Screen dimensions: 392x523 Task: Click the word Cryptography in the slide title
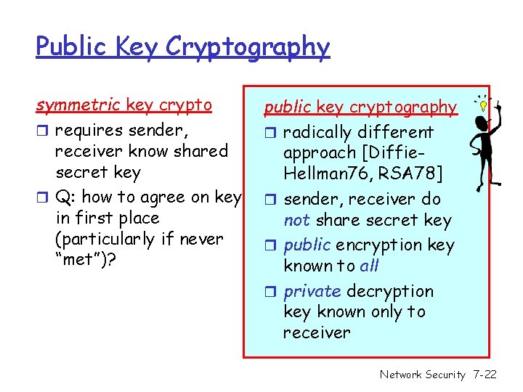(x=248, y=47)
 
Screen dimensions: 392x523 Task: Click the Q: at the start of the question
(x=66, y=197)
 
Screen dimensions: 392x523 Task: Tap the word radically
(x=320, y=133)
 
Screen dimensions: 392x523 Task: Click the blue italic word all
(x=370, y=266)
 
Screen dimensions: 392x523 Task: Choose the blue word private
(x=312, y=291)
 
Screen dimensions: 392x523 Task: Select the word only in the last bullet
(x=378, y=312)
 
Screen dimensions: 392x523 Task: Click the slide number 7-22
(x=484, y=375)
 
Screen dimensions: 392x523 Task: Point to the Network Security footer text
(x=422, y=375)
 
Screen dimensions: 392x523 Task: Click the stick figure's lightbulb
(x=481, y=104)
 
